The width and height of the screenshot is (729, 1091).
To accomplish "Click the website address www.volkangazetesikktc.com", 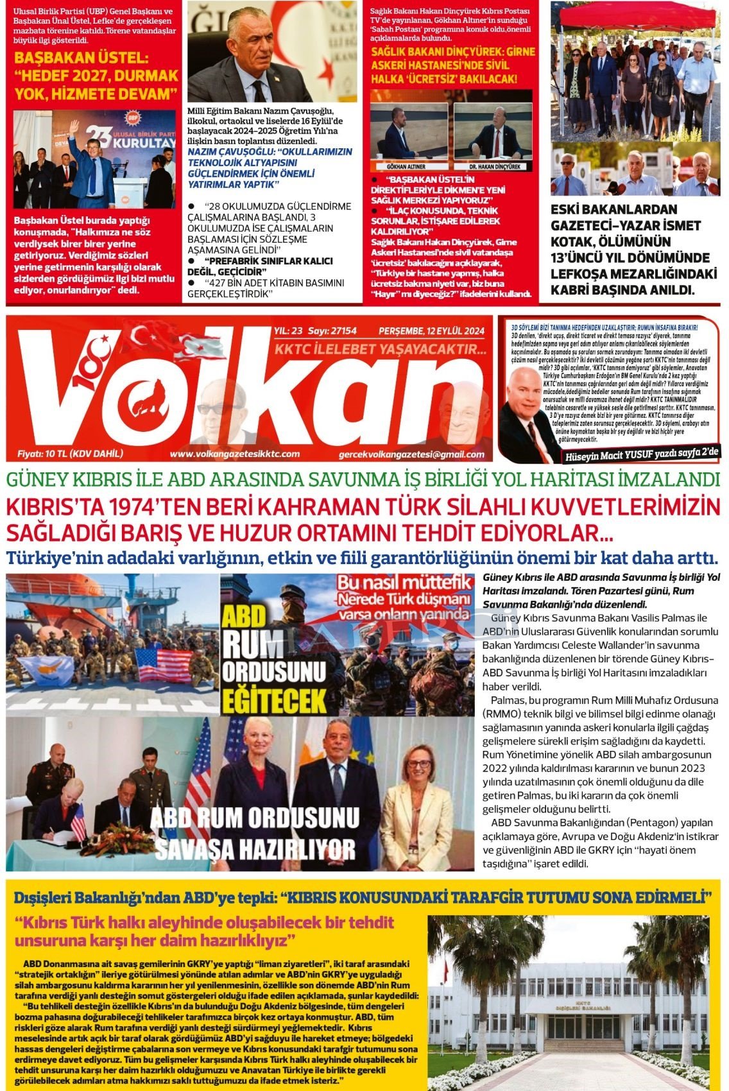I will click(x=234, y=454).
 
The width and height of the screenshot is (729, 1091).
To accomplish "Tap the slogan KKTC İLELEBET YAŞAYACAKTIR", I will click(x=381, y=350).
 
